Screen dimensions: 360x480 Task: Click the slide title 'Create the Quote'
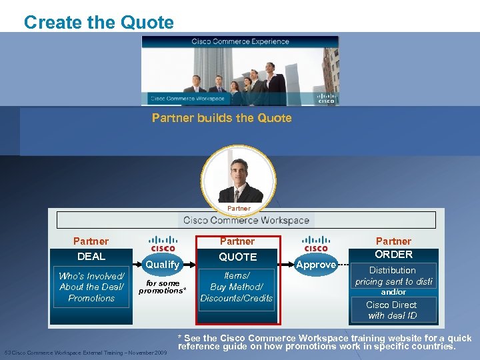point(99,23)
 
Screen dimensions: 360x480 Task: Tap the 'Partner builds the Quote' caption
point(221,118)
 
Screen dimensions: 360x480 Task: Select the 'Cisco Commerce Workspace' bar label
point(246,220)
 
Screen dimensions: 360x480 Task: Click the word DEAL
point(91,256)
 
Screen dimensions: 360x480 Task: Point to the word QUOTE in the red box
point(238,257)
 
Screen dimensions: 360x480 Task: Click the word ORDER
point(393,254)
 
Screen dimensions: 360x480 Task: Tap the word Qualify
point(163,265)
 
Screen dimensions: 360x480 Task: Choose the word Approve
point(316,265)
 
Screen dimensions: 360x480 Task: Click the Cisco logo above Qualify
point(163,244)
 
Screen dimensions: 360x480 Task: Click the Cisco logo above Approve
point(315,244)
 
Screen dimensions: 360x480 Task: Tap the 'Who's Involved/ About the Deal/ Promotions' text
point(91,287)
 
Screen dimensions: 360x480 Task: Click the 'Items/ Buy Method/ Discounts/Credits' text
point(237,287)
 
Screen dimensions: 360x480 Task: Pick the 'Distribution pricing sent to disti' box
point(393,276)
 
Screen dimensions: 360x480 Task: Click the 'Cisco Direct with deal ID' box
point(392,310)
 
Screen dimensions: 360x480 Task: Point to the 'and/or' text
point(393,292)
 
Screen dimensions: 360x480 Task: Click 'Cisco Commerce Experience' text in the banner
point(241,41)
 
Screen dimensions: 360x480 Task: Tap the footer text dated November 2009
point(85,352)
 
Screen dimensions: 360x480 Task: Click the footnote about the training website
point(325,342)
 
